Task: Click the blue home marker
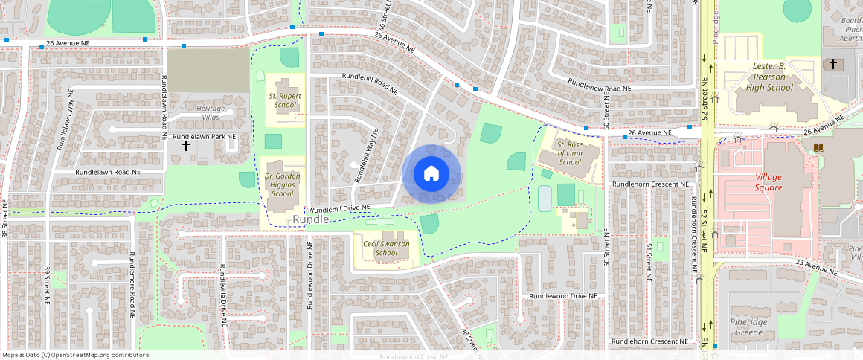pos(431,174)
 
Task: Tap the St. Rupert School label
pos(284,100)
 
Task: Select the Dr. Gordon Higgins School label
pos(282,184)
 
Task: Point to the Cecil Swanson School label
pos(386,248)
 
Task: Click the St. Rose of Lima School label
pos(569,152)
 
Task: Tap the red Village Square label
pos(769,183)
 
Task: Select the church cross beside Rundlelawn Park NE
pos(186,147)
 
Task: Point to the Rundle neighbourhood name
pos(310,219)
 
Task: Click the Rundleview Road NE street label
pos(599,86)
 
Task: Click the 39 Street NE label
pos(47,286)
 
